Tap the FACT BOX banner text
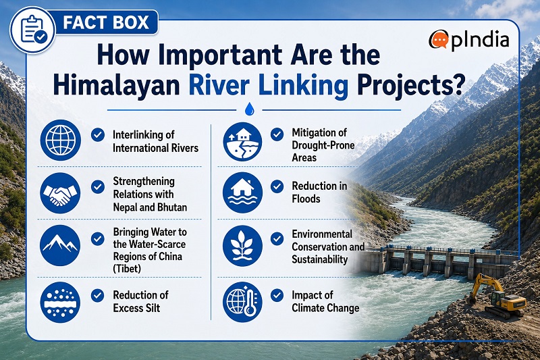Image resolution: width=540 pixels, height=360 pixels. [x=106, y=23]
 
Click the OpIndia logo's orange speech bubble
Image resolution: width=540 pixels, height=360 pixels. [x=438, y=40]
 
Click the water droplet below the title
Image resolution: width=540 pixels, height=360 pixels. [x=249, y=109]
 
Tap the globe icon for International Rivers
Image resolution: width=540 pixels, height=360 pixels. [x=61, y=140]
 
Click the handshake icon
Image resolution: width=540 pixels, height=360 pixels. [x=61, y=193]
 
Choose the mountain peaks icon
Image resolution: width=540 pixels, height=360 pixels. [x=60, y=245]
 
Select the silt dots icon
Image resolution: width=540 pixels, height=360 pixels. [x=60, y=302]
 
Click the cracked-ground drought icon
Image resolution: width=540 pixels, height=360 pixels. [x=242, y=142]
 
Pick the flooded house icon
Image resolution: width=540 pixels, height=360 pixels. [x=242, y=192]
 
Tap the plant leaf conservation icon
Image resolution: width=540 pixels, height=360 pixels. [x=242, y=246]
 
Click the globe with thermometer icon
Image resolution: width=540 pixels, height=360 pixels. [x=242, y=302]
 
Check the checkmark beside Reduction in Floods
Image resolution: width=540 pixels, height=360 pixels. [x=277, y=186]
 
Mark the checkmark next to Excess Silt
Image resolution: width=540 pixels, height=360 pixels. [x=98, y=296]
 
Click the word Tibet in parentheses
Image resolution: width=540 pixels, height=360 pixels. [x=127, y=269]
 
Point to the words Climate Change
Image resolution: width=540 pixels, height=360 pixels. [x=325, y=308]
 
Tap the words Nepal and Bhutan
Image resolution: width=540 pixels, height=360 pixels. [x=150, y=207]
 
